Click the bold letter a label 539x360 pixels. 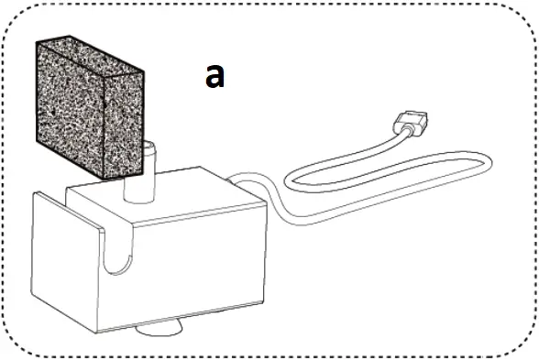(214, 76)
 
